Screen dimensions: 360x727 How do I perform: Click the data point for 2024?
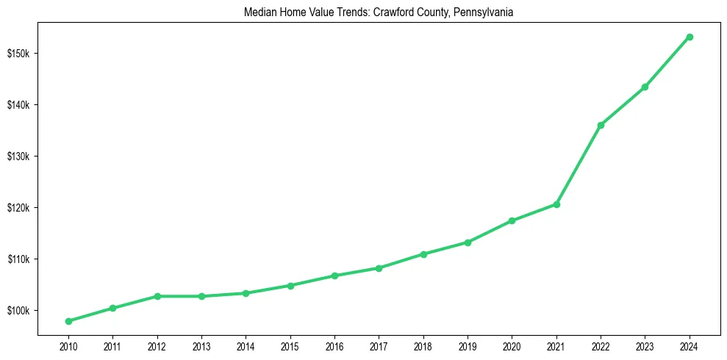(x=690, y=37)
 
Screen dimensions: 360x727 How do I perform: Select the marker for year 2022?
(x=601, y=125)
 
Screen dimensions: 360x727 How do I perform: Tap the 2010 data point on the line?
(x=68, y=321)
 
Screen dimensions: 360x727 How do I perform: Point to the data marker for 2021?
(x=556, y=204)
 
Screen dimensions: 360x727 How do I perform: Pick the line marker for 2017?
(x=379, y=268)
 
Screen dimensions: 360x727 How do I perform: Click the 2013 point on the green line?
(x=201, y=296)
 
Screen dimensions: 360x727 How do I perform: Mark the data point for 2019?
(x=468, y=242)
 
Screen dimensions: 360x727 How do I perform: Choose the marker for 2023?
(x=645, y=87)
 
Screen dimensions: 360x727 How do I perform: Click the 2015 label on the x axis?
(x=290, y=346)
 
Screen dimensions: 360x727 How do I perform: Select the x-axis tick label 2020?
(x=512, y=346)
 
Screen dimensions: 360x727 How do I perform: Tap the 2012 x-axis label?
(x=157, y=346)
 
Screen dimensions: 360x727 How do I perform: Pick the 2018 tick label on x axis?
(x=423, y=346)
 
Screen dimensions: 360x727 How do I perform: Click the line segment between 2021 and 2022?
(x=579, y=165)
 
